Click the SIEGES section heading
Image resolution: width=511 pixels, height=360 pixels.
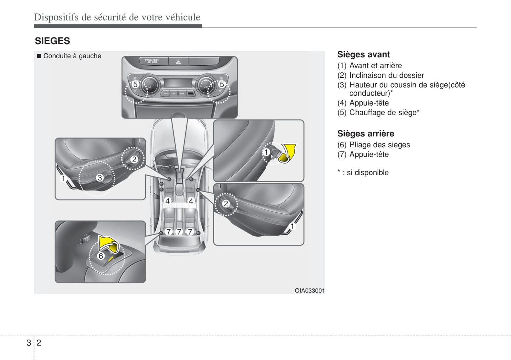(x=52, y=41)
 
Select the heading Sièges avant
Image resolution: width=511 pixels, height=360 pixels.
(x=363, y=54)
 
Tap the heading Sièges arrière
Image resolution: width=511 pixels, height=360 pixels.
(x=365, y=134)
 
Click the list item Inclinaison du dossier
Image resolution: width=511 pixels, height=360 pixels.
(x=386, y=75)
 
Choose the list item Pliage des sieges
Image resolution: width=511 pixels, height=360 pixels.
(x=379, y=145)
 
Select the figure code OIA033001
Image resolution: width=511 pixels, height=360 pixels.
(x=309, y=291)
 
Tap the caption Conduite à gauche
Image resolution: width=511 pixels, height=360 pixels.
(x=72, y=56)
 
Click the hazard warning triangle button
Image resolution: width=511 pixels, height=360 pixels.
(x=178, y=62)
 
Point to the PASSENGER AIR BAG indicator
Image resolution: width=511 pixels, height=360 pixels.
(x=152, y=61)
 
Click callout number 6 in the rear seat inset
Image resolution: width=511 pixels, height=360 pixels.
(x=101, y=256)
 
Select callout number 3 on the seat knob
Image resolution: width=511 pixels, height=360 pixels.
(x=100, y=178)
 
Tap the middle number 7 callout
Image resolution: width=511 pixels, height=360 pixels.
(x=179, y=232)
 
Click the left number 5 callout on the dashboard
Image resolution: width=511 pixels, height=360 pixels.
(x=135, y=84)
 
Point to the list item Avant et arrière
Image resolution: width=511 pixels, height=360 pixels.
(x=375, y=66)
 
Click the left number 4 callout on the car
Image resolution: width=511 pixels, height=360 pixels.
(x=168, y=201)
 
